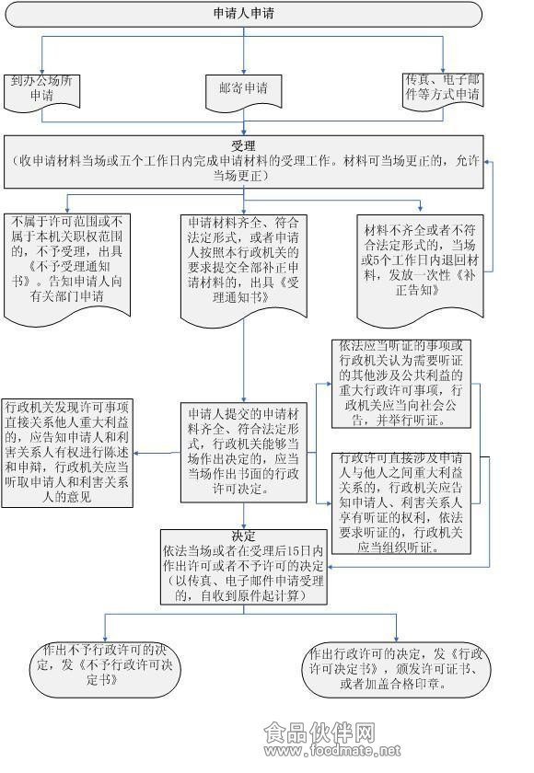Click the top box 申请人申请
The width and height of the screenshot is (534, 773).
243,14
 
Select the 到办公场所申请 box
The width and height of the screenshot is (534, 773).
42,93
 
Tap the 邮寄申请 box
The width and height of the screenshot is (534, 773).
244,91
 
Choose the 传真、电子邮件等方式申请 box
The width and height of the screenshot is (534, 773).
443,90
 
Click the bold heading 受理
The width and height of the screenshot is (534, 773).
243,145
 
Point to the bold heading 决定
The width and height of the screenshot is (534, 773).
244,536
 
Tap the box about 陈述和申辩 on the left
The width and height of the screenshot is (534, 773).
67,453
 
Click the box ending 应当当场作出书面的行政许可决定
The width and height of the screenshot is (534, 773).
244,452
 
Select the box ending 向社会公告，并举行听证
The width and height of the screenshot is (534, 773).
400,384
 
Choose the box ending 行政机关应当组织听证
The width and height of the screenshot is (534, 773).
400,503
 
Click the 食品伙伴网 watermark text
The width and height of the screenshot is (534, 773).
319,733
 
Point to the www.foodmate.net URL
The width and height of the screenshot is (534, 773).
331,751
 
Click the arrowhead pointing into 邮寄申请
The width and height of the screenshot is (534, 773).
244,72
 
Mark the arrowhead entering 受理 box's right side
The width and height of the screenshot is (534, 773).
487,161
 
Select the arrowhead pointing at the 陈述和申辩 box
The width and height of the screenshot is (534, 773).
136,453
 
